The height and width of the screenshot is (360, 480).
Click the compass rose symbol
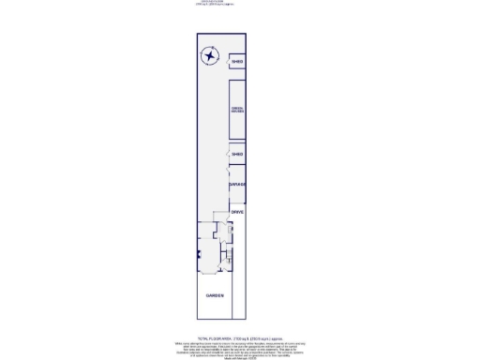coord(208,57)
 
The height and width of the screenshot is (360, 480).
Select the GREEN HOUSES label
coord(238,110)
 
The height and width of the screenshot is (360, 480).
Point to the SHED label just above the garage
coord(238,154)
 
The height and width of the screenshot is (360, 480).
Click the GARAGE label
coord(237,184)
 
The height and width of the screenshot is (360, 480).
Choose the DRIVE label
coord(237,213)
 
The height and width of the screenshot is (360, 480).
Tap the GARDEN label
coord(215,296)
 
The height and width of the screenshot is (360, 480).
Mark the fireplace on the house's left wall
coord(198,254)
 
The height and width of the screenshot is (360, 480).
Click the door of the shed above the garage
coord(230,155)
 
